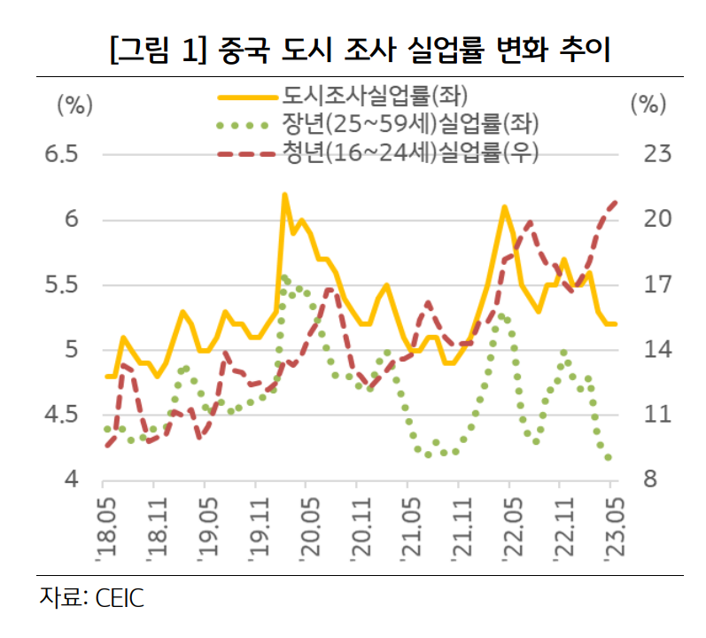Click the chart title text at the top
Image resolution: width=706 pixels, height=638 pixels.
click(353, 48)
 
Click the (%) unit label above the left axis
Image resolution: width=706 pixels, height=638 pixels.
click(74, 104)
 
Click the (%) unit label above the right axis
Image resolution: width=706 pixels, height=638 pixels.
click(648, 104)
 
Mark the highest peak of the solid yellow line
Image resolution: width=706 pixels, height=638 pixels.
click(284, 194)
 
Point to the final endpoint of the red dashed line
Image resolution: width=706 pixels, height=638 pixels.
click(616, 202)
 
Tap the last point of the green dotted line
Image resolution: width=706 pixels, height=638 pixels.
click(609, 457)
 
